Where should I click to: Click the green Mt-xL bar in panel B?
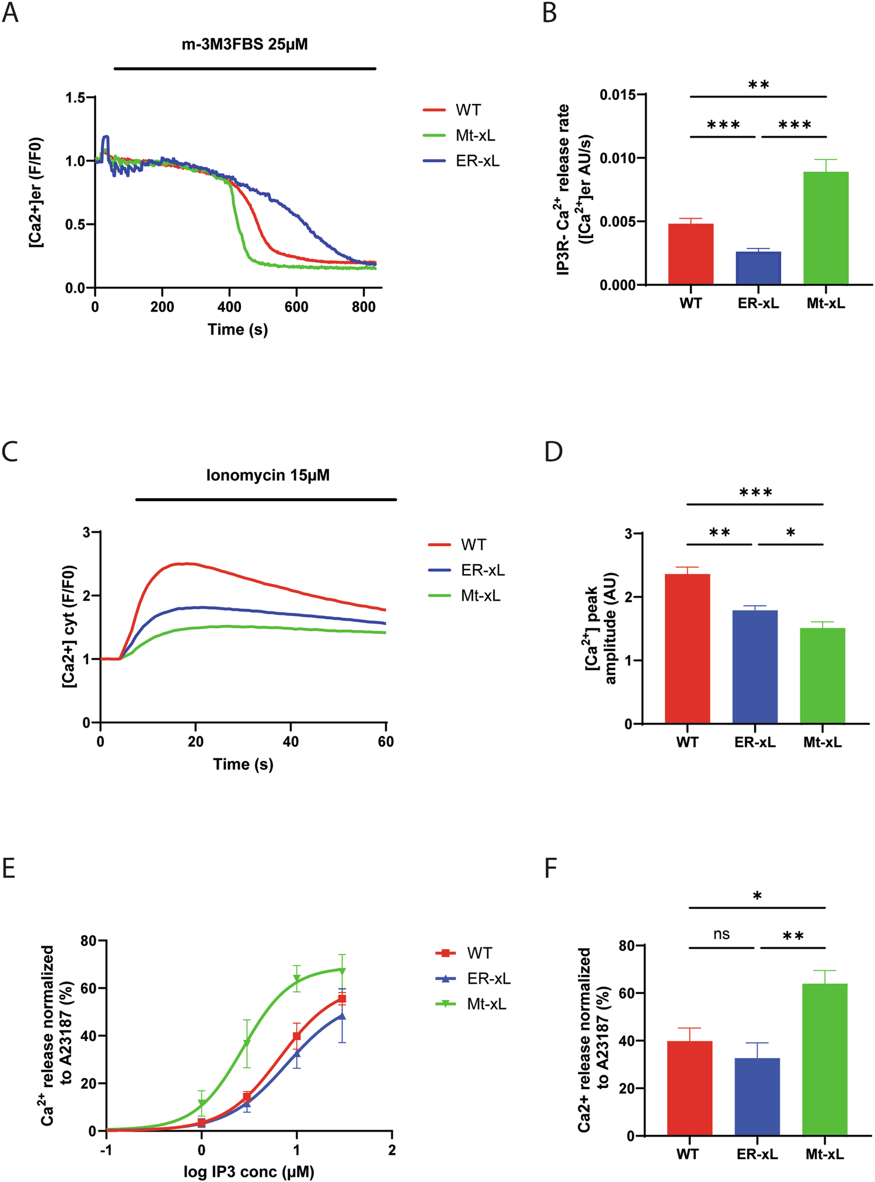825,228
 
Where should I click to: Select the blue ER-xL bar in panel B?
758,268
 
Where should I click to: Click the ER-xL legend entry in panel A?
477,161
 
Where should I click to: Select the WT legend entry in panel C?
473,545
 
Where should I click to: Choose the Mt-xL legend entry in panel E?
486,1004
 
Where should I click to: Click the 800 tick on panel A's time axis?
363,307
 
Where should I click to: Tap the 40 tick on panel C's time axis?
290,742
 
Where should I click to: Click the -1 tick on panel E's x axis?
106,1150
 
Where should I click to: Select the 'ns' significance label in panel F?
722,934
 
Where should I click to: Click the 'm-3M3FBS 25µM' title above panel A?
244,44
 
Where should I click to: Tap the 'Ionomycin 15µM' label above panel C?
268,475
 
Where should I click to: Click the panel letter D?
553,452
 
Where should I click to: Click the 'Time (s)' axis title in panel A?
237,330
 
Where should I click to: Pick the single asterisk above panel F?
757,896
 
